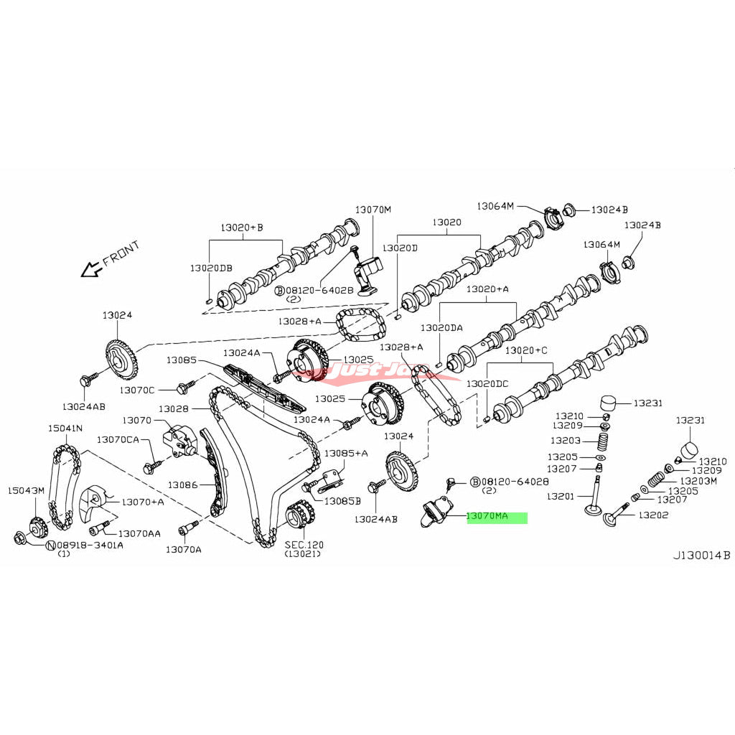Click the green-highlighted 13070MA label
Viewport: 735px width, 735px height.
[x=497, y=516]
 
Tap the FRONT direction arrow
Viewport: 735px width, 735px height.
[x=91, y=269]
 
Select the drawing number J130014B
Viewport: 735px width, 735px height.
[x=701, y=555]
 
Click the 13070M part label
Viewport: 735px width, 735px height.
[x=373, y=210]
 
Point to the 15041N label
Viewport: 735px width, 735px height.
[x=65, y=428]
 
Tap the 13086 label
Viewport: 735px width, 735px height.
[x=182, y=485]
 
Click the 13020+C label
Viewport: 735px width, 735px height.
[x=525, y=350]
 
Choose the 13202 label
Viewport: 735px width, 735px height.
[x=654, y=515]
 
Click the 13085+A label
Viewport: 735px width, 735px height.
[x=346, y=453]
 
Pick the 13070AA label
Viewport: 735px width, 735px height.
[x=139, y=533]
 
